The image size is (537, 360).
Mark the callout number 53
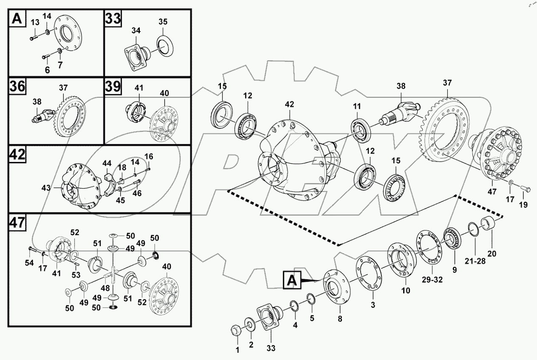coord(75,275)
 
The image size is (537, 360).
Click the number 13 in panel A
coord(35,22)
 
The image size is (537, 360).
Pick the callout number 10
coord(405,291)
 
